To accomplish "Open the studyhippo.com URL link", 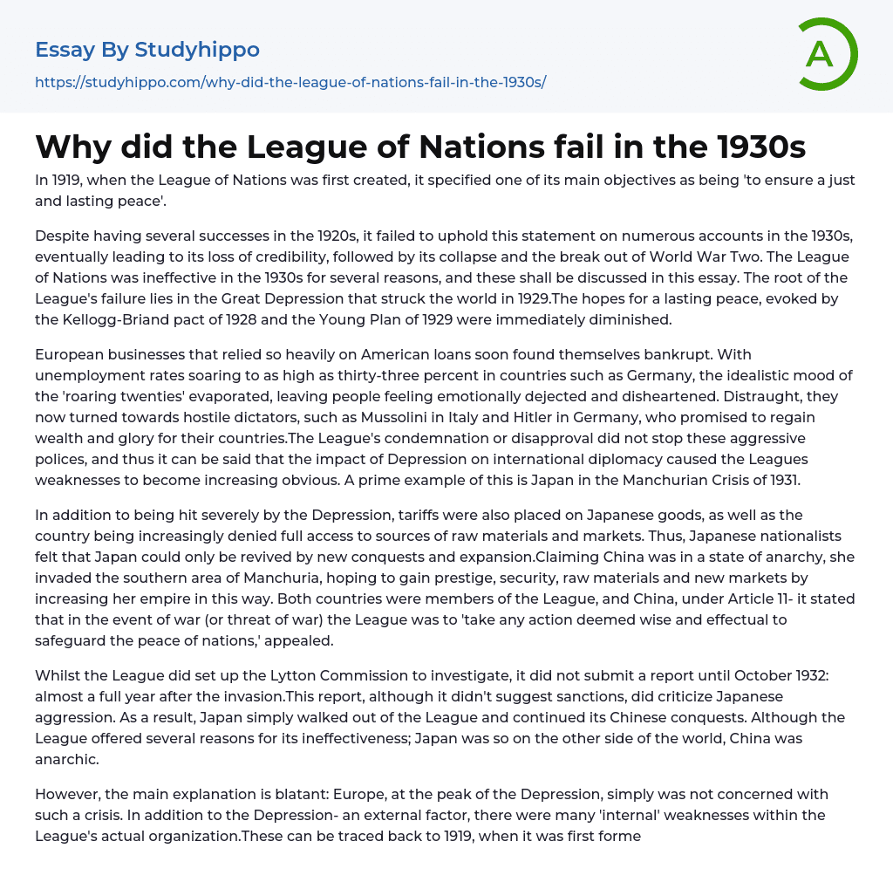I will pos(290,82).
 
